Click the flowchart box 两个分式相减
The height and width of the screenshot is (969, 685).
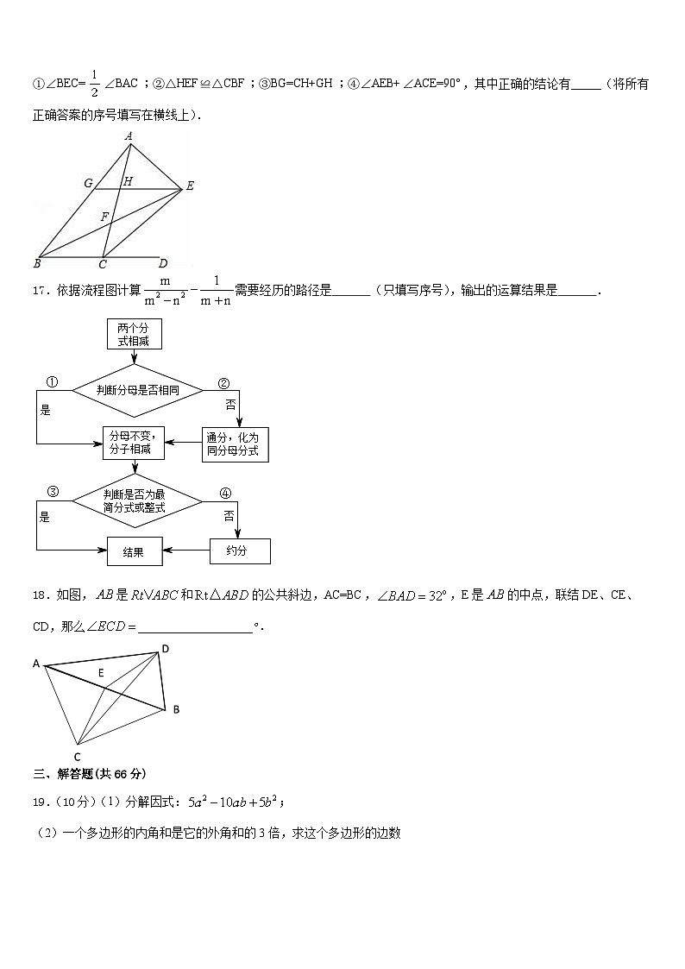click(x=134, y=334)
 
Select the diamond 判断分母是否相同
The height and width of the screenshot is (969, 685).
click(x=137, y=391)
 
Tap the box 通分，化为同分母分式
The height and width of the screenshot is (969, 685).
click(x=236, y=444)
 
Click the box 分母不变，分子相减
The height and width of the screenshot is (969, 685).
click(x=134, y=443)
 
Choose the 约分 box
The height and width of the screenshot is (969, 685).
click(x=240, y=551)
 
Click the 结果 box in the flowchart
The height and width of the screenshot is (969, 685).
click(x=135, y=552)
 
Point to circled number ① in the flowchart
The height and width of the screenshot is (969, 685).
click(x=53, y=382)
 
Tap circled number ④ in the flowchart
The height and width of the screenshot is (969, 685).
click(x=225, y=494)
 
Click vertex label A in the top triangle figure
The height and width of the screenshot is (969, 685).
click(x=129, y=135)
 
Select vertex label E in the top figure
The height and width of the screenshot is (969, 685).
click(x=190, y=186)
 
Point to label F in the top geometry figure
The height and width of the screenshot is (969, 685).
click(x=104, y=217)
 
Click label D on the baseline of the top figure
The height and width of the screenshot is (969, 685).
click(x=163, y=264)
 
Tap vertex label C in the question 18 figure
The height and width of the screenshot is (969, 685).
click(x=77, y=757)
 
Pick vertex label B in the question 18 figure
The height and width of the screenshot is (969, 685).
click(x=176, y=709)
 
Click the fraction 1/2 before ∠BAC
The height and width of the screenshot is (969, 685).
click(x=95, y=84)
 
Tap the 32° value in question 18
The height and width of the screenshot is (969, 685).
click(x=437, y=595)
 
